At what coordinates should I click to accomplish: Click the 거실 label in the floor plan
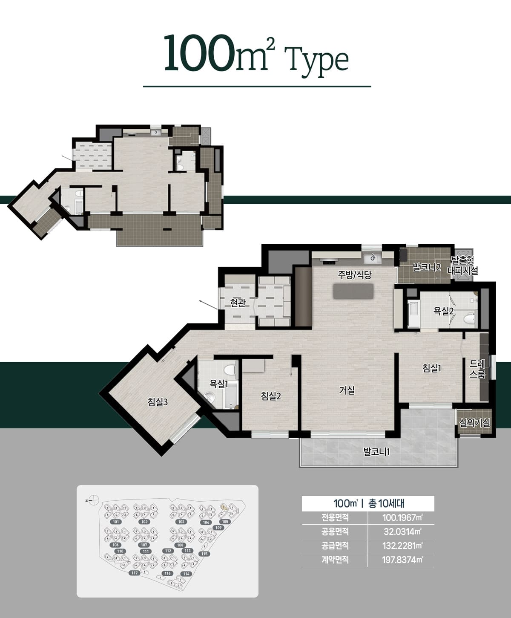pos(347,390)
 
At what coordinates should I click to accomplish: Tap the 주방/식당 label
pos(354,275)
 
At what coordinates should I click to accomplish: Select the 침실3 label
pos(158,401)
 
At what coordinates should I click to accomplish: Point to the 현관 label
pos(238,303)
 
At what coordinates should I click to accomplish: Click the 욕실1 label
pos(218,384)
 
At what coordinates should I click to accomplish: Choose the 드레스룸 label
pos(477,369)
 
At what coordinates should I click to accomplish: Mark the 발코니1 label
pos(376,451)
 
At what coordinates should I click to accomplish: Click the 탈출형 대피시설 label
pos(463,265)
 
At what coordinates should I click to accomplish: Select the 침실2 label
pos(271,396)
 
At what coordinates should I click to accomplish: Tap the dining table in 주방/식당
pos(353,291)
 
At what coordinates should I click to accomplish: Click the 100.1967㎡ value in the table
pos(402,518)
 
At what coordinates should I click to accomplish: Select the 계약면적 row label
pos(335,560)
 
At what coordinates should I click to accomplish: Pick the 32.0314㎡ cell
pos(402,531)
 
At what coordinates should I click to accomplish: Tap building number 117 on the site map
pos(135,573)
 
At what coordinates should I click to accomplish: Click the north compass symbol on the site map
pos(95,500)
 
